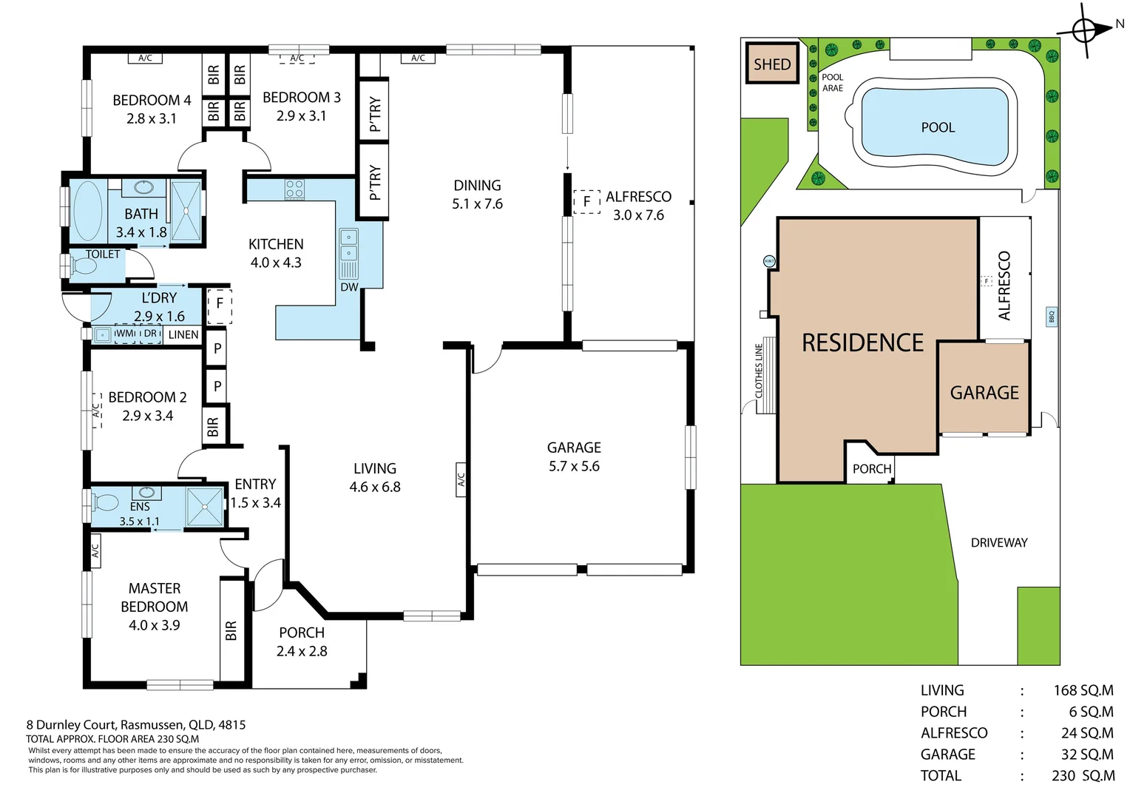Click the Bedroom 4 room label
tap(152, 100)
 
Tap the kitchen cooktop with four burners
tap(294, 189)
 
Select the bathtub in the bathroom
tap(87, 210)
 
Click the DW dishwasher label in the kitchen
tap(349, 287)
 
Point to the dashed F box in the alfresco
tap(586, 201)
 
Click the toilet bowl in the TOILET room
tap(84, 266)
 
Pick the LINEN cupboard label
tap(183, 334)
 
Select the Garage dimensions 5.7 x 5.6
tap(574, 466)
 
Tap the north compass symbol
tap(1085, 30)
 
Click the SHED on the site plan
tap(772, 64)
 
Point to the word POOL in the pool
tap(938, 127)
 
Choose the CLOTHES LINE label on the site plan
tap(759, 371)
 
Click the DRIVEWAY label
tap(999, 542)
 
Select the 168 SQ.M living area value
tap(1083, 690)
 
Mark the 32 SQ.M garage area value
tap(1086, 755)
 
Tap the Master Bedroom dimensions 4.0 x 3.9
tap(154, 625)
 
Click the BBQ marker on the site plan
tap(1051, 317)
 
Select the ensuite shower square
tap(205, 507)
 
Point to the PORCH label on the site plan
tap(872, 469)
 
